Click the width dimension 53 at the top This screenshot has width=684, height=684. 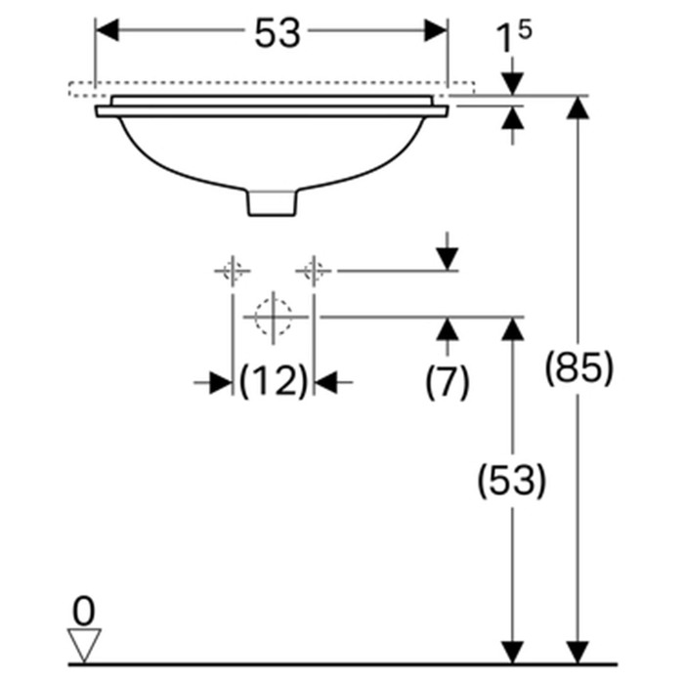[277, 34]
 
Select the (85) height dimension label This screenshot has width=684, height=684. [579, 368]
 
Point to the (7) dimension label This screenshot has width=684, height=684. [448, 381]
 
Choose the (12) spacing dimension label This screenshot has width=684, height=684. [274, 382]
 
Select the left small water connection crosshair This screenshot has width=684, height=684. [232, 270]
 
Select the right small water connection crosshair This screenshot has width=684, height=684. [313, 270]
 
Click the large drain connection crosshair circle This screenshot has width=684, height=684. [273, 317]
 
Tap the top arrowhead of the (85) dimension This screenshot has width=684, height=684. [579, 107]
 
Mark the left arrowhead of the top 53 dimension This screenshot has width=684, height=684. [107, 31]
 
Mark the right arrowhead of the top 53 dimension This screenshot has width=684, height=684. [436, 31]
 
